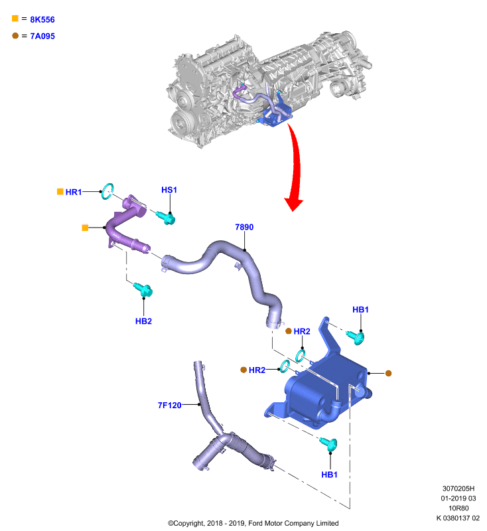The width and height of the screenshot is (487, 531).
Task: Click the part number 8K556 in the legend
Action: (x=42, y=20)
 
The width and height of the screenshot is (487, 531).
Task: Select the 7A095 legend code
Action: (x=42, y=36)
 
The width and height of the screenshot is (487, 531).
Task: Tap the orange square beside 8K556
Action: (x=15, y=19)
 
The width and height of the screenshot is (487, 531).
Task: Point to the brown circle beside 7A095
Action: (x=15, y=36)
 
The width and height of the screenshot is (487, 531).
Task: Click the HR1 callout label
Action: (x=74, y=192)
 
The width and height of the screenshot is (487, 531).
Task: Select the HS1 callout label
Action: (x=169, y=190)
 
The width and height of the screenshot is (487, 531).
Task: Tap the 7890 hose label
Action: (x=244, y=227)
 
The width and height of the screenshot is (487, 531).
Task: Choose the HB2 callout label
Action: (x=143, y=321)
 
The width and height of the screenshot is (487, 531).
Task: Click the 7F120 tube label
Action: (x=170, y=405)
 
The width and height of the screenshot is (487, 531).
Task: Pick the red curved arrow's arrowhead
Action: (x=293, y=204)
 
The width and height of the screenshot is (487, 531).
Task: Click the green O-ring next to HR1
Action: (x=107, y=191)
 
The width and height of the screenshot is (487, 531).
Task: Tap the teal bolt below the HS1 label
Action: (x=166, y=218)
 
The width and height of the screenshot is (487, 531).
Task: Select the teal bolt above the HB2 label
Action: (x=143, y=289)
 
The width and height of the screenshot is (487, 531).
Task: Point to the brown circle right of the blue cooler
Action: (x=389, y=373)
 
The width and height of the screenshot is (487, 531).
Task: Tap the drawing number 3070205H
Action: (x=458, y=489)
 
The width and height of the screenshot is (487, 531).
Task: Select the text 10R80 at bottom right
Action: (x=458, y=508)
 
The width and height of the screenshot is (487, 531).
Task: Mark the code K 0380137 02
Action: (x=458, y=518)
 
